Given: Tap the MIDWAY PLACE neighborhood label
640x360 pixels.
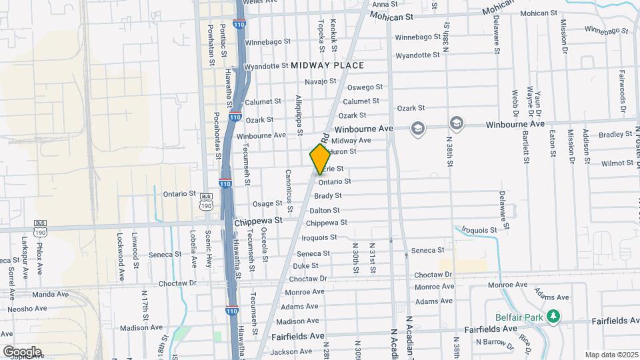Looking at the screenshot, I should pos(327,65).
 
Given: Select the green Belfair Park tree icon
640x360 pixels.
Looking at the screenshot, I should pos(552,316).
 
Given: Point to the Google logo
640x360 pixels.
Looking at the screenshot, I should pos(22,351).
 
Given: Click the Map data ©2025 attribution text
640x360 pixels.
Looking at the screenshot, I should pos(611,355).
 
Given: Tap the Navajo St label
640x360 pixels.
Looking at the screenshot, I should pos(321,81).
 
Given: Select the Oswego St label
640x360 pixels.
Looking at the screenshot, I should pos(365,87).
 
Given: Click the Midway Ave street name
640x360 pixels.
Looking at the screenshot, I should pos(351,141).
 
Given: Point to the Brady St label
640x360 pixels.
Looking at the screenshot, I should pos(327,195).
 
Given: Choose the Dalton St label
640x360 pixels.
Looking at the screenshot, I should pos(325,211).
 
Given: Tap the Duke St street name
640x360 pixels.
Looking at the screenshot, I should pos(305,265).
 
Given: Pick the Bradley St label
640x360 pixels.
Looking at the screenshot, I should pos(610,135).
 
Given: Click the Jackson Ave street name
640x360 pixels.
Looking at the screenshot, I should pos(292,351).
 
